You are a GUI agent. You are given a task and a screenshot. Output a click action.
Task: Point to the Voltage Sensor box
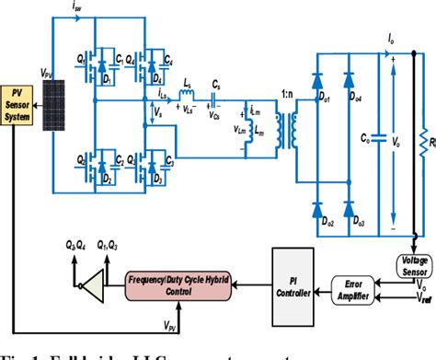411,264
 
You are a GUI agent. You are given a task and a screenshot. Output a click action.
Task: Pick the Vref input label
421,297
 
